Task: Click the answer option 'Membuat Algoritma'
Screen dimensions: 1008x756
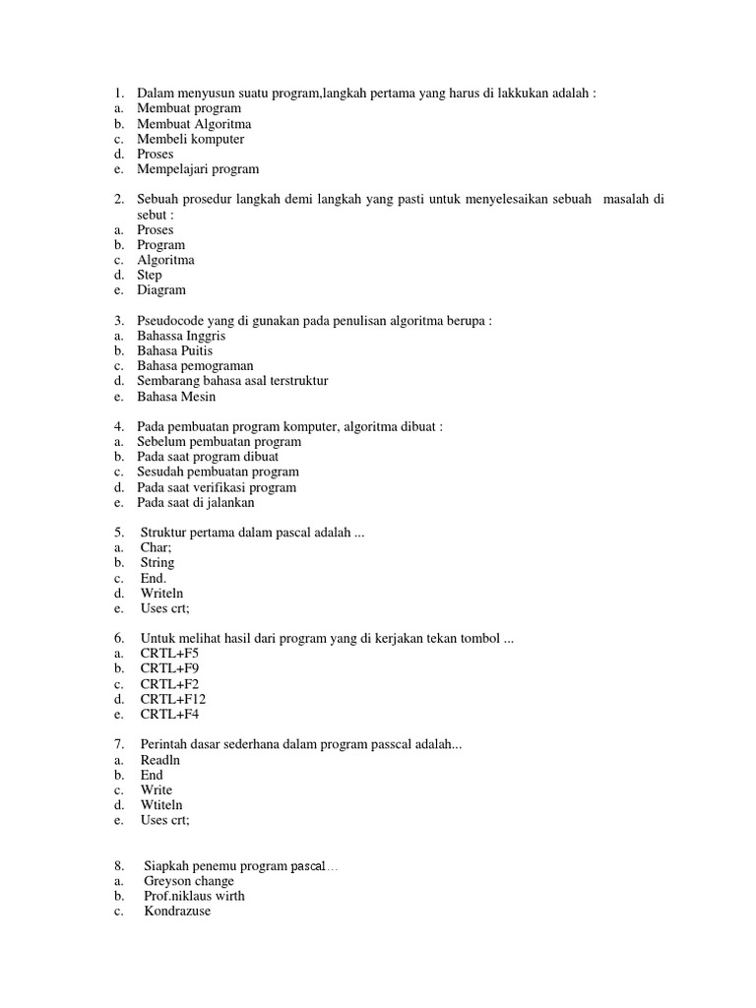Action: pyautogui.click(x=194, y=124)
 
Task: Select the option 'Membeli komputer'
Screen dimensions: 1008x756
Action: pyautogui.click(x=190, y=139)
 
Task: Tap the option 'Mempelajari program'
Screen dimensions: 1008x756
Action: pyautogui.click(x=198, y=169)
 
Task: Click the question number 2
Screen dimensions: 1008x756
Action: pyautogui.click(x=118, y=200)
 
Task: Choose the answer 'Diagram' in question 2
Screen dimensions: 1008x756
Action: pyautogui.click(x=161, y=290)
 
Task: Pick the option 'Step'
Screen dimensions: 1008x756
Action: pyautogui.click(x=150, y=276)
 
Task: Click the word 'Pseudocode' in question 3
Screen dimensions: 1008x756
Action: pyautogui.click(x=173, y=321)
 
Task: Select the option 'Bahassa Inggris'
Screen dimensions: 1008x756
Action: pyautogui.click(x=182, y=336)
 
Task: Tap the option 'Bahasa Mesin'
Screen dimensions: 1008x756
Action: pyautogui.click(x=176, y=397)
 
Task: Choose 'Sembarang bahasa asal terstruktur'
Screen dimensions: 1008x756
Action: pyautogui.click(x=232, y=381)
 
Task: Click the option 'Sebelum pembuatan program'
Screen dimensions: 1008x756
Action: pyautogui.click(x=219, y=442)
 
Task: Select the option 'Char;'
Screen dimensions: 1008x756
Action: pyautogui.click(x=156, y=548)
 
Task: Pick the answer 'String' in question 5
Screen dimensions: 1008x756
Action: pyautogui.click(x=157, y=563)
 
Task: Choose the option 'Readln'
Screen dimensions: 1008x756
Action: pyautogui.click(x=161, y=761)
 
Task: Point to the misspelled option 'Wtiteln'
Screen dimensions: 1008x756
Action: pyautogui.click(x=161, y=805)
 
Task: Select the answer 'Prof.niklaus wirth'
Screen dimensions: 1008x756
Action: pyautogui.click(x=194, y=897)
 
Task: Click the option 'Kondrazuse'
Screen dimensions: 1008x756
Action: pyautogui.click(x=177, y=912)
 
